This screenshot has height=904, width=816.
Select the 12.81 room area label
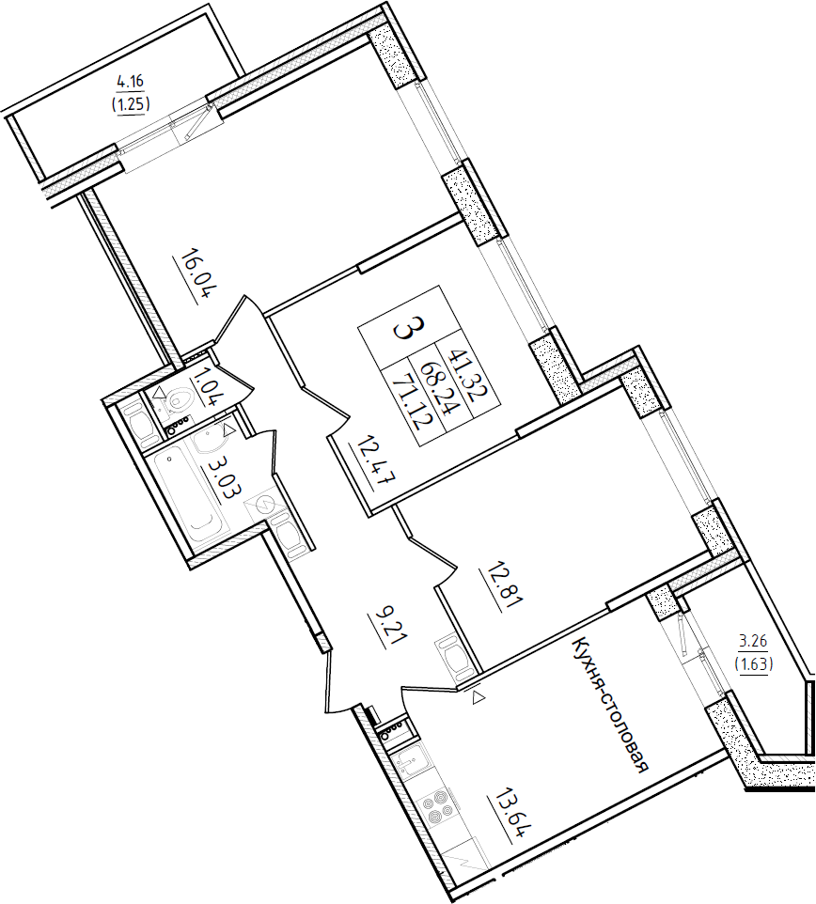pyautogui.click(x=501, y=589)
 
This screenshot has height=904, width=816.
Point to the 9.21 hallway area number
pyautogui.click(x=388, y=631)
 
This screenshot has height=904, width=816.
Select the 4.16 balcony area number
pyautogui.click(x=130, y=83)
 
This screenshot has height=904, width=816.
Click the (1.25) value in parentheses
pyautogui.click(x=132, y=104)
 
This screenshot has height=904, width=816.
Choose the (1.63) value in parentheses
pyautogui.click(x=753, y=663)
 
